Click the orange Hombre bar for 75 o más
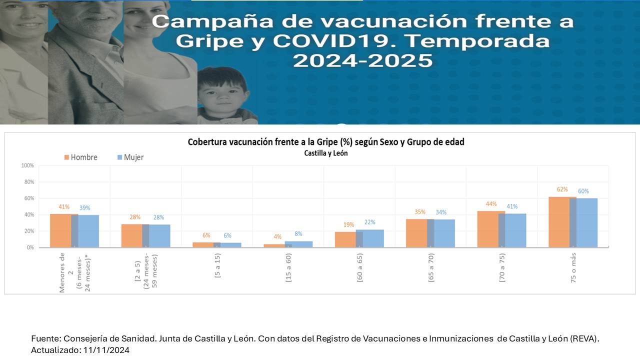(x=558, y=222)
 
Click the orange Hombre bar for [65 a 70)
(x=416, y=233)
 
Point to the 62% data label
(x=562, y=189)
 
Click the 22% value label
(x=369, y=222)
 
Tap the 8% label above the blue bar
(x=298, y=233)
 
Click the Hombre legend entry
(x=80, y=157)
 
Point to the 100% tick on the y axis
(x=27, y=165)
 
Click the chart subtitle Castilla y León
(x=325, y=153)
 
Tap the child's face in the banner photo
(x=223, y=94)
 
